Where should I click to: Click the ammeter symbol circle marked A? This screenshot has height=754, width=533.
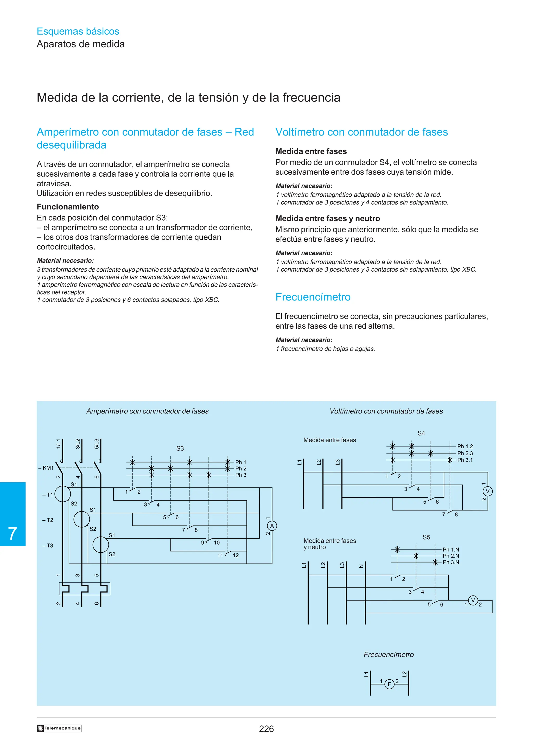[x=272, y=526]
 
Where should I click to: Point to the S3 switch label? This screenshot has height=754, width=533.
[x=180, y=448]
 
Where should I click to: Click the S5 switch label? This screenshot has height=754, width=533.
[x=426, y=537]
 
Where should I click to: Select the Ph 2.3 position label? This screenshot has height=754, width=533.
[x=465, y=453]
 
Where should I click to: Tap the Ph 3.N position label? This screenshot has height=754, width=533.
[x=451, y=562]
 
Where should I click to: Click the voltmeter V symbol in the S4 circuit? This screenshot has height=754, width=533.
[x=487, y=491]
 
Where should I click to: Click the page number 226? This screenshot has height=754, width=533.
[x=266, y=729]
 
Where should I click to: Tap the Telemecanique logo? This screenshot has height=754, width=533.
[x=59, y=728]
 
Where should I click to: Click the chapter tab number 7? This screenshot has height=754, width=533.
[x=12, y=534]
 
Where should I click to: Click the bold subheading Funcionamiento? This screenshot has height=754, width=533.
[x=68, y=207]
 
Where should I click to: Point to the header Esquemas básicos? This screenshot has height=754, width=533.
[x=78, y=31]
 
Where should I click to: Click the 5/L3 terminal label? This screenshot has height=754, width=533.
[x=97, y=444]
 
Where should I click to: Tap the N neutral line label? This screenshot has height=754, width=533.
[x=361, y=566]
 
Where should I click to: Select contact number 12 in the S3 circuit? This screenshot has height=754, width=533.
[x=236, y=555]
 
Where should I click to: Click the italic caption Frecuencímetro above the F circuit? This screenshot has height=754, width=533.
[x=389, y=655]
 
